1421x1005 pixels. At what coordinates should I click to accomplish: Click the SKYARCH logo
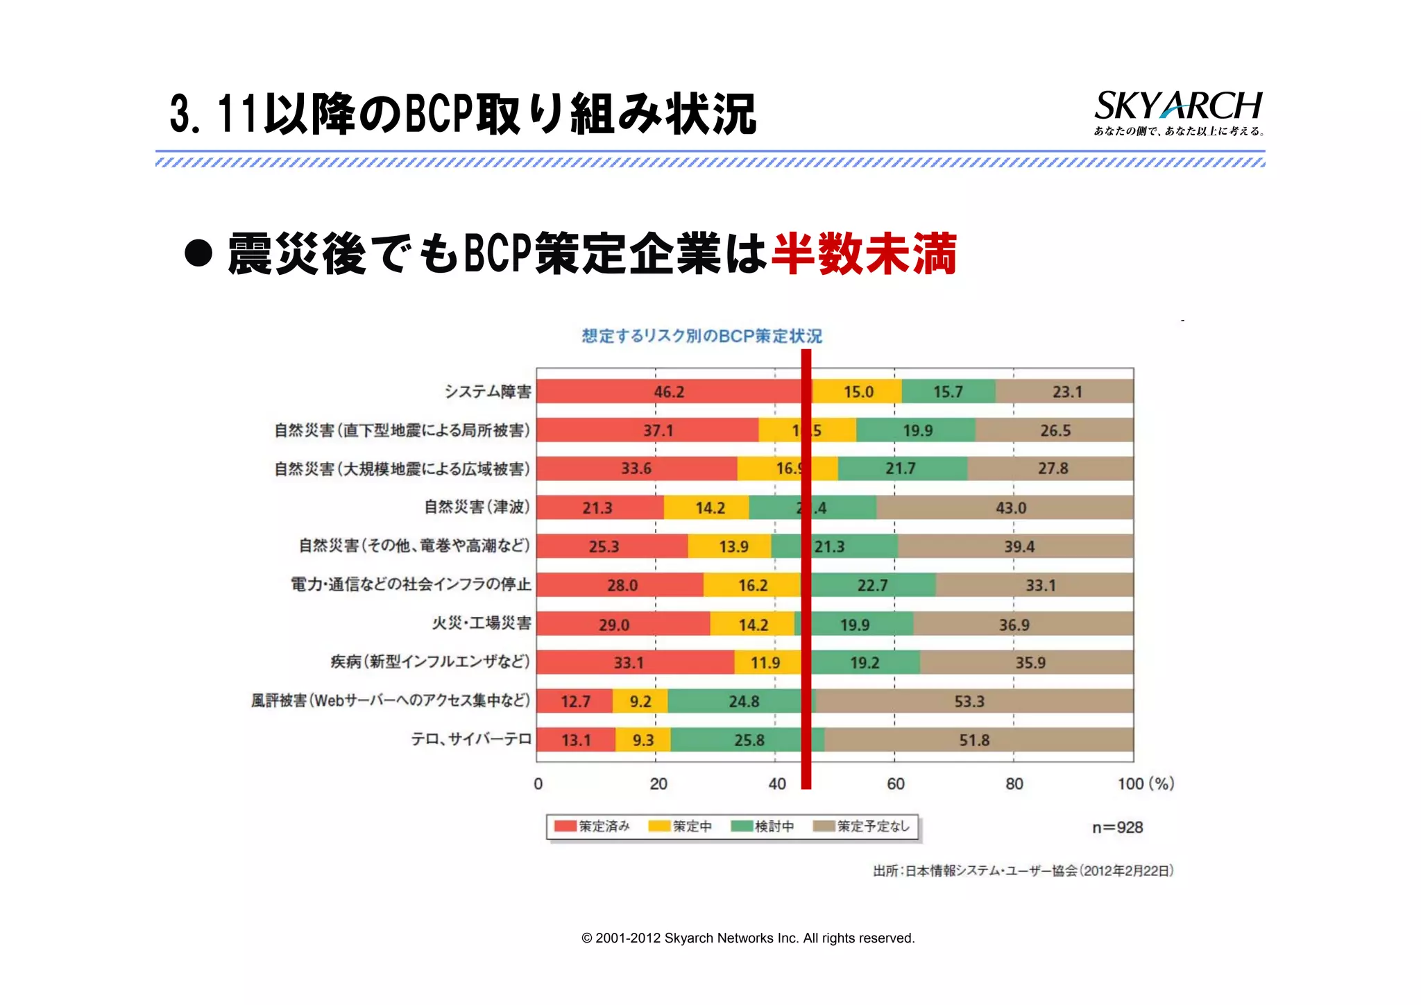click(1177, 112)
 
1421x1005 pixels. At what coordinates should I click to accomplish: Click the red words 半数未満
click(864, 254)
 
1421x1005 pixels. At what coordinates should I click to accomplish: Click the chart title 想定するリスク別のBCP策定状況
click(701, 336)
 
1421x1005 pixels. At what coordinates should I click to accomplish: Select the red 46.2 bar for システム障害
click(668, 391)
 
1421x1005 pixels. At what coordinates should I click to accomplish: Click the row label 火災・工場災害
click(482, 623)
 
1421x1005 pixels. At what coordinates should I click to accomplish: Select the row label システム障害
click(488, 391)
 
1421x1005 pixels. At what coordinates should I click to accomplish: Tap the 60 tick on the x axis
click(895, 784)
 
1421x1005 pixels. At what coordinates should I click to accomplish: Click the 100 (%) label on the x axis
click(1145, 784)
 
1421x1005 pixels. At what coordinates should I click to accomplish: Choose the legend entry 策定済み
click(593, 826)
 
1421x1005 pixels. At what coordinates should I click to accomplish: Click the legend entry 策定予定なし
click(862, 826)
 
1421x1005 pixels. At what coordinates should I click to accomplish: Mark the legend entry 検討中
click(764, 826)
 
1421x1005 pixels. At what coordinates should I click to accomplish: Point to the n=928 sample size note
click(1117, 827)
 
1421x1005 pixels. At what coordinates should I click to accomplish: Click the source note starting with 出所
click(1023, 870)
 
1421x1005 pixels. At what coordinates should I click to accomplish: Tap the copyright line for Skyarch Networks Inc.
click(748, 938)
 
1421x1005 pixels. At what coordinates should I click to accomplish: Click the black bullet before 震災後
click(198, 253)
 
